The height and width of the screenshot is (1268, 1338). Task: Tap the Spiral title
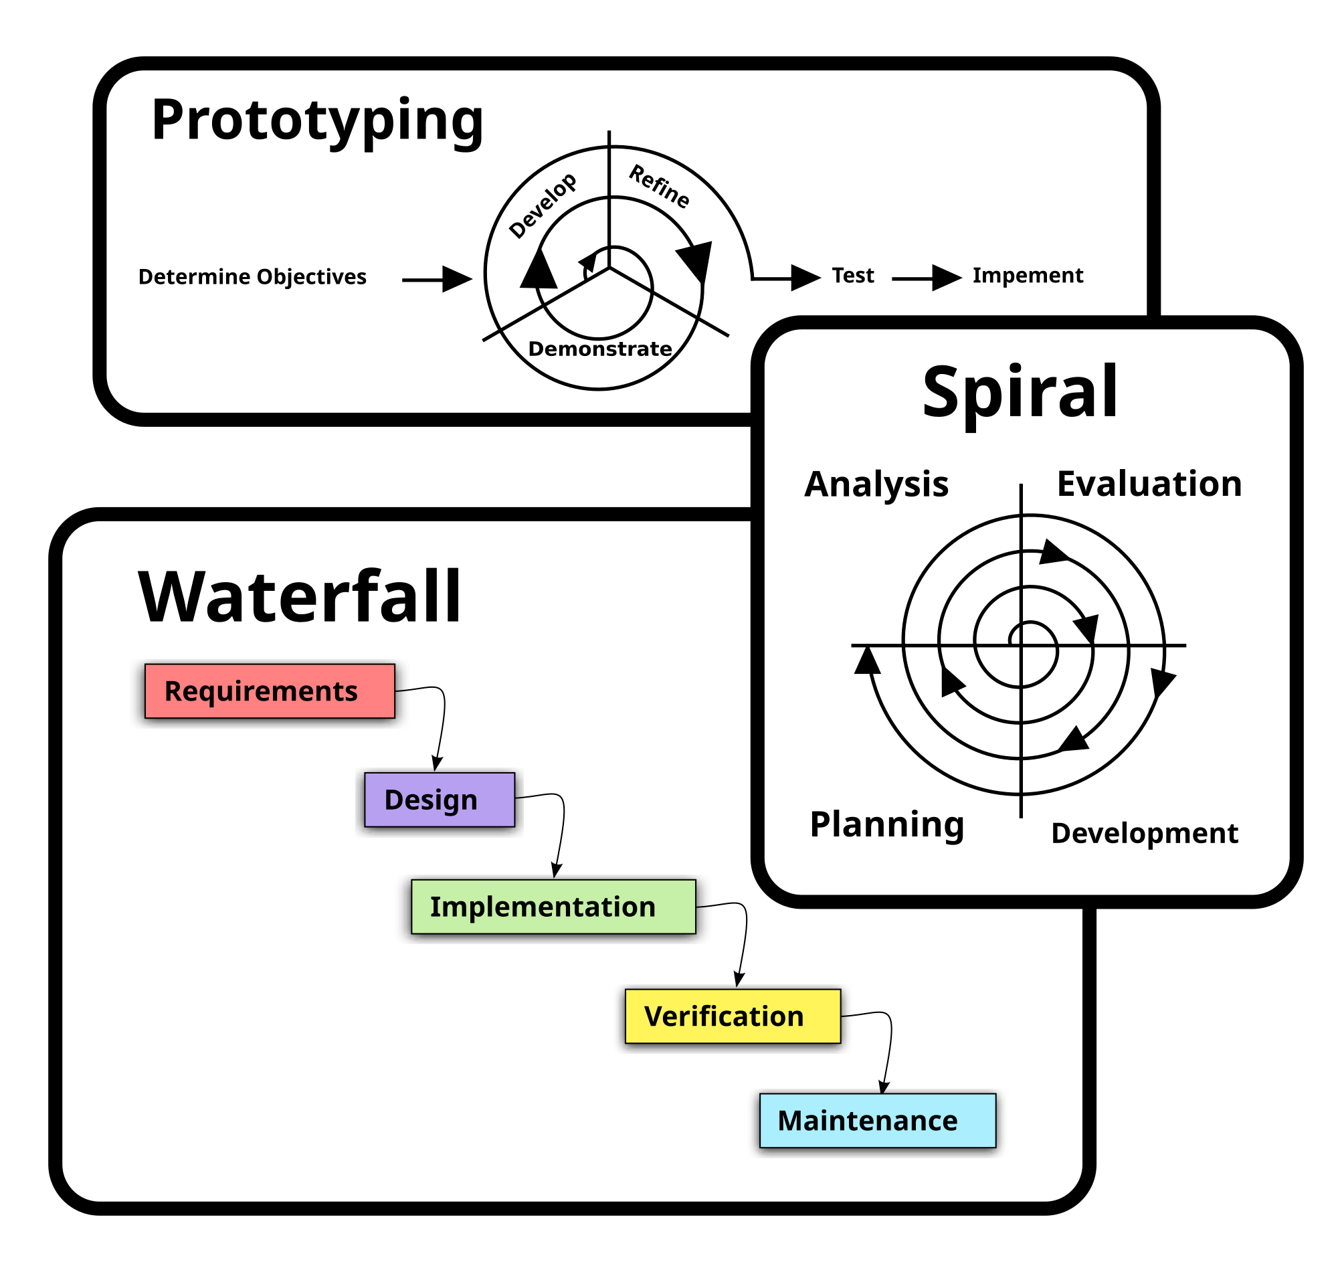tap(1020, 393)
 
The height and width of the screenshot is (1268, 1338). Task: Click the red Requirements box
tap(270, 691)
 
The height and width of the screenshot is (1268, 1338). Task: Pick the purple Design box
tap(440, 800)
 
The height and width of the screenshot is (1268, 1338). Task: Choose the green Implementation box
tap(553, 907)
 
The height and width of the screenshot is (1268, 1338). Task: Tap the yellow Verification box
tap(733, 1016)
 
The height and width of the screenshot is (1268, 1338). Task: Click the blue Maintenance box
tap(877, 1121)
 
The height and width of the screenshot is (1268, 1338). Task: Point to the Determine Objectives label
tap(252, 276)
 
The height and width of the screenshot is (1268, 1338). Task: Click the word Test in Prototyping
tap(852, 275)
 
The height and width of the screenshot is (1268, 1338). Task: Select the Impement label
tap(1027, 275)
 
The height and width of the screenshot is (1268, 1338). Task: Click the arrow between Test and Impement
tap(927, 278)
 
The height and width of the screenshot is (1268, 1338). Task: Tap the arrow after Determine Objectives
tap(437, 279)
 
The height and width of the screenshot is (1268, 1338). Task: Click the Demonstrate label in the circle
tap(599, 349)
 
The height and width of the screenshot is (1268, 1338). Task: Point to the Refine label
tap(660, 187)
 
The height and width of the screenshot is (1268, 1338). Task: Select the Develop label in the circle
tap(543, 205)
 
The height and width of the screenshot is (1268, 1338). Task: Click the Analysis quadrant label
tap(876, 484)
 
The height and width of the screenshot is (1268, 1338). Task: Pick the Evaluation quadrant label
tap(1149, 484)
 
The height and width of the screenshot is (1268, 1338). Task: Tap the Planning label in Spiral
tap(886, 824)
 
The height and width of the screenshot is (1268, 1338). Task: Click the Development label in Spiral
tap(1144, 832)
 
